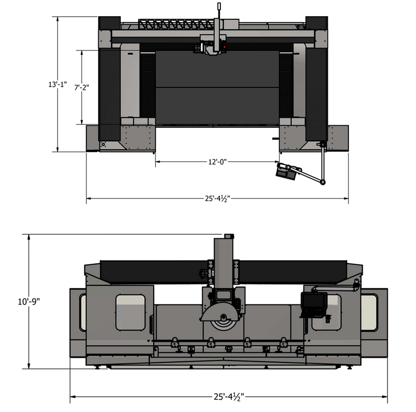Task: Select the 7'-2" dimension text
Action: [x=81, y=87]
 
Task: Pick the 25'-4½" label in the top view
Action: [x=217, y=199]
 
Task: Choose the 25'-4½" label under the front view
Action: [x=228, y=396]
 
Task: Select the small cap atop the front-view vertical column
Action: [x=228, y=236]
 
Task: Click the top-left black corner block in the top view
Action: [x=109, y=23]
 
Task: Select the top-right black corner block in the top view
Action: [x=317, y=23]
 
